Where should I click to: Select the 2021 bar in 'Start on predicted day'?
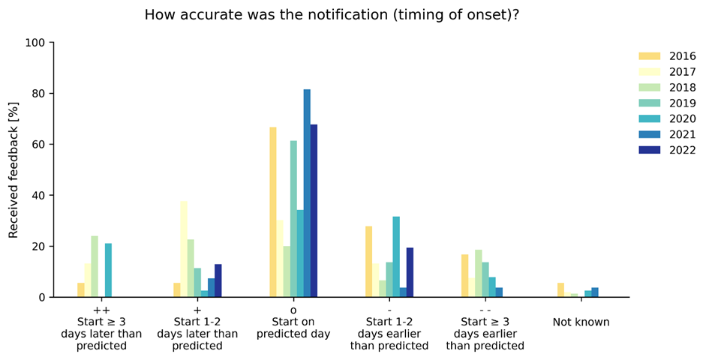[x=307, y=193]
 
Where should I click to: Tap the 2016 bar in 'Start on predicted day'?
[x=273, y=212]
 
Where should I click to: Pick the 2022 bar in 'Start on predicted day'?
[x=314, y=211]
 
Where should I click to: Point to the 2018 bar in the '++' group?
[x=95, y=266]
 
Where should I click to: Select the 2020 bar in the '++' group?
[x=108, y=270]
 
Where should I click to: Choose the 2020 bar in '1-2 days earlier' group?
[x=396, y=256]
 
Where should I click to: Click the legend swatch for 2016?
[x=649, y=56]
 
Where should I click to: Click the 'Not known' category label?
[x=581, y=322]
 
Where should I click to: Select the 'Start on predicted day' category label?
[x=293, y=328]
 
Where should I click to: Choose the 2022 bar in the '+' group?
[x=218, y=280]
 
